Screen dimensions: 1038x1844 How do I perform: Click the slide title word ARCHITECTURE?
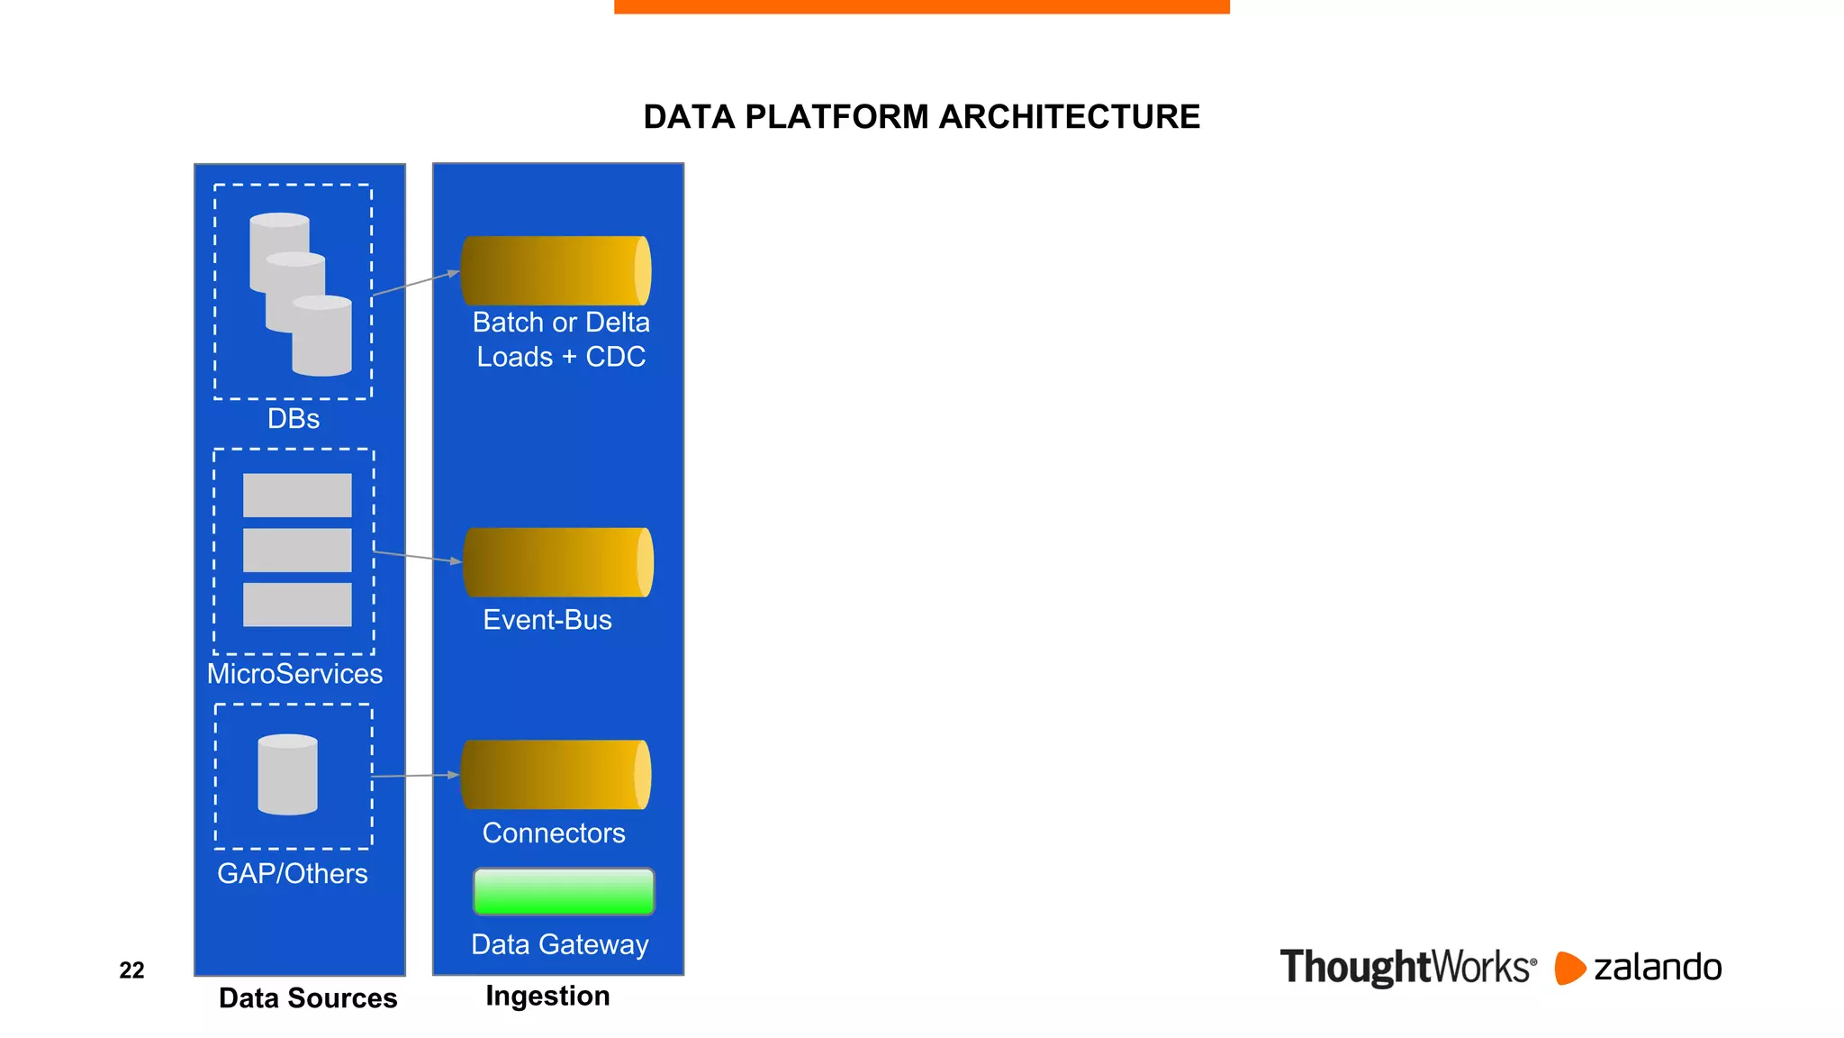click(1069, 117)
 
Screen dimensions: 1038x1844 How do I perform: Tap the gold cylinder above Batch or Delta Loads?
click(555, 270)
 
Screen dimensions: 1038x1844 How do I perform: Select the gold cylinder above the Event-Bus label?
click(556, 562)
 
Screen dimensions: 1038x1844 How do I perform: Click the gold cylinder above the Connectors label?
click(555, 775)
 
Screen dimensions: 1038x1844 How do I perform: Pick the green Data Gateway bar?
click(564, 891)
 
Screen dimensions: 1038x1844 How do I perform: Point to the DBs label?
click(294, 419)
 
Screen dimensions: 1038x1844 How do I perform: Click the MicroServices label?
click(294, 674)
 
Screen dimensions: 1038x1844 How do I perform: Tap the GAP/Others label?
click(293, 874)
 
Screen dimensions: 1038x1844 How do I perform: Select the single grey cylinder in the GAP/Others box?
click(287, 775)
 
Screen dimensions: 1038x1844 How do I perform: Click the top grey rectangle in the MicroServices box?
click(297, 496)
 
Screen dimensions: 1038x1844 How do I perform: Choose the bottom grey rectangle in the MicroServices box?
click(297, 605)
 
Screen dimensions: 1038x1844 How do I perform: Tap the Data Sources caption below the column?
click(308, 998)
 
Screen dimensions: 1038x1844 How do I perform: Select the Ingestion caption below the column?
click(547, 996)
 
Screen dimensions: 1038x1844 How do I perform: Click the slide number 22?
click(131, 970)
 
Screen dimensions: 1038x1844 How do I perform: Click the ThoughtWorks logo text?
click(1407, 968)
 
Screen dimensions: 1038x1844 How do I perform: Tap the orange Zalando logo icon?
click(1568, 969)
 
